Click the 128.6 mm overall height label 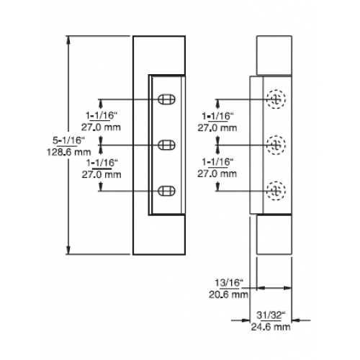tap(69, 152)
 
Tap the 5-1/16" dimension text tap(69, 140)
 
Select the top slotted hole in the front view tap(166, 99)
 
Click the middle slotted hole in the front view tap(166, 145)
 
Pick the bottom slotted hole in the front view tap(166, 191)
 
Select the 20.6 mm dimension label tap(228, 294)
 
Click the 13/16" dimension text tap(229, 283)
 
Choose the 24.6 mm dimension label tap(271, 327)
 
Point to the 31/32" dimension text tap(271, 315)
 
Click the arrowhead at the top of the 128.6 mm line tap(68, 40)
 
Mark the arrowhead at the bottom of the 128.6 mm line tap(68, 250)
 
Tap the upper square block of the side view tap(274, 55)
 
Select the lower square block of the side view tap(274, 235)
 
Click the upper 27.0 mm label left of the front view tap(101, 127)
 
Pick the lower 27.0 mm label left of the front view tap(102, 174)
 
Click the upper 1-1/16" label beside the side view tap(217, 117)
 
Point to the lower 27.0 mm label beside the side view tap(217, 174)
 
